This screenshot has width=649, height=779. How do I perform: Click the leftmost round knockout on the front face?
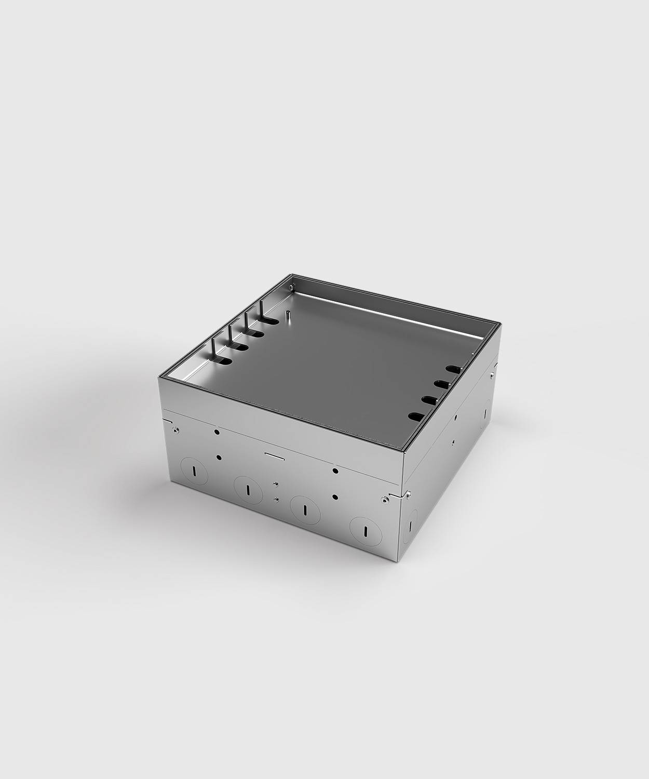pos(193,471)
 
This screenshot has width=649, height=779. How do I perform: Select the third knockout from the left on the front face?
pos(305,505)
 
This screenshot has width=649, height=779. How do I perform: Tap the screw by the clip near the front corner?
pos(385,500)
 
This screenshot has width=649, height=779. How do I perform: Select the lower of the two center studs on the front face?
pos(277,500)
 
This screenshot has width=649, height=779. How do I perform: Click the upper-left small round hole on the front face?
pos(217,431)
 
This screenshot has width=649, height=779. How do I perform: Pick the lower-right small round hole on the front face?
pos(336,496)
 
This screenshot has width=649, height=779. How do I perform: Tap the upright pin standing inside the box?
pos(287,316)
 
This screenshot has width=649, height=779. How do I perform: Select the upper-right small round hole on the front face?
pos(335,471)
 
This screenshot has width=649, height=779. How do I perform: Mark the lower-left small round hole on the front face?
pos(219,458)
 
